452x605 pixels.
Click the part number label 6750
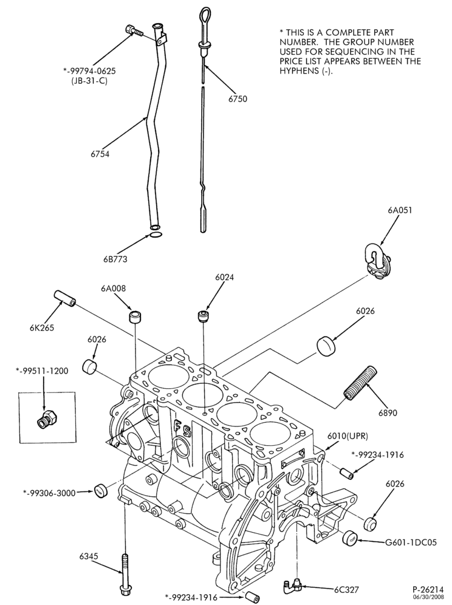coord(238,99)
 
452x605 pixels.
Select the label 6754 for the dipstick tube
coord(100,154)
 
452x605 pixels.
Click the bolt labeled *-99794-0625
coord(134,30)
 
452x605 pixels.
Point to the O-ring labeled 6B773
coord(155,235)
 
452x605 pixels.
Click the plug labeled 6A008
coord(135,317)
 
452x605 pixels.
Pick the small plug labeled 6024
coord(203,316)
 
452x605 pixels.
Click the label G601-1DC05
coord(411,542)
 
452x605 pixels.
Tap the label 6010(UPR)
coord(348,436)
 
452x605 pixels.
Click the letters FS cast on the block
coord(183,427)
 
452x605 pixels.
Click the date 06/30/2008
coord(428,597)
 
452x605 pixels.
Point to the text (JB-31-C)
coord(89,81)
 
